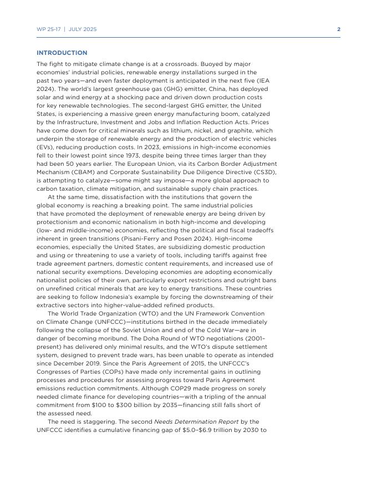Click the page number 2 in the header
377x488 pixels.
point(339,29)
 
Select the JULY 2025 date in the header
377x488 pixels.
point(82,29)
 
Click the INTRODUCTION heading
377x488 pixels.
point(62,53)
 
